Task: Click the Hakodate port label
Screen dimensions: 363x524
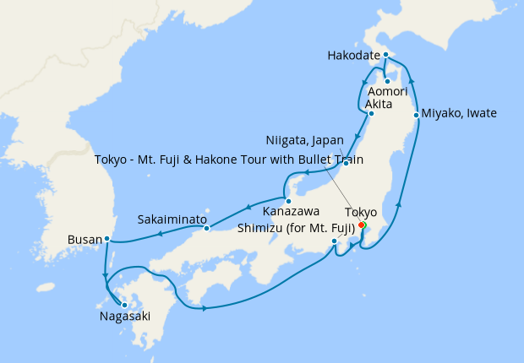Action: pyautogui.click(x=356, y=57)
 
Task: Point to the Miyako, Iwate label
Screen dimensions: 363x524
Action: pyautogui.click(x=460, y=113)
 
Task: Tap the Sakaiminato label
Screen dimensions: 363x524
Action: pyautogui.click(x=172, y=219)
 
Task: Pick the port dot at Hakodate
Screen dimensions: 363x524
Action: pyautogui.click(x=385, y=56)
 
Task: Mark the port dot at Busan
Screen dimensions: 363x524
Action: pyautogui.click(x=106, y=239)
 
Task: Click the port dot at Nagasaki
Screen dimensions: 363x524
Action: pyautogui.click(x=124, y=305)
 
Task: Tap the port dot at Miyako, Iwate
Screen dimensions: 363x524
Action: pyautogui.click(x=417, y=114)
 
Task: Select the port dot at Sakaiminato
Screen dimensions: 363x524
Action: pyautogui.click(x=206, y=228)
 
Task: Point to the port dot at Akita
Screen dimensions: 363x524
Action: pyautogui.click(x=370, y=113)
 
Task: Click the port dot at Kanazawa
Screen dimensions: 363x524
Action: pyautogui.click(x=289, y=201)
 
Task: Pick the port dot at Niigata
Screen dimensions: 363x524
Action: pyautogui.click(x=345, y=162)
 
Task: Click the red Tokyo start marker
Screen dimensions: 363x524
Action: pyautogui.click(x=362, y=225)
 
